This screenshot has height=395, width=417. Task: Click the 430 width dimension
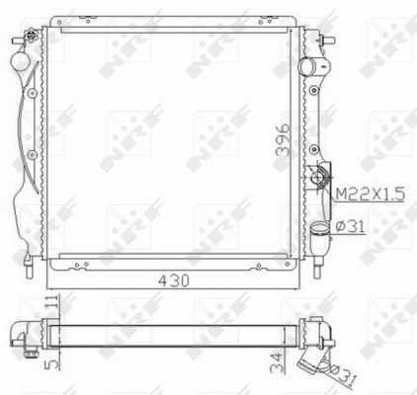tap(174, 280)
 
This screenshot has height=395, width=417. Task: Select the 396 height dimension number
tap(283, 139)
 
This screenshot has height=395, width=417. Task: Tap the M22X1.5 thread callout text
tap(370, 195)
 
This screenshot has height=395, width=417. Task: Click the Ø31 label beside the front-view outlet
tap(350, 226)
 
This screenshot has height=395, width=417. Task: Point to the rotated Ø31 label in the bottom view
tap(342, 375)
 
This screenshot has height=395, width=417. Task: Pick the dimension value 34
tap(277, 362)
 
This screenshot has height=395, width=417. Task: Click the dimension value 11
tap(52, 301)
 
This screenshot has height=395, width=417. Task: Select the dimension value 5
tap(52, 362)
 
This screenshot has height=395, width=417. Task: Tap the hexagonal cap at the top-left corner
tap(31, 35)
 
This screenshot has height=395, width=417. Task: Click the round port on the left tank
tap(20, 61)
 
